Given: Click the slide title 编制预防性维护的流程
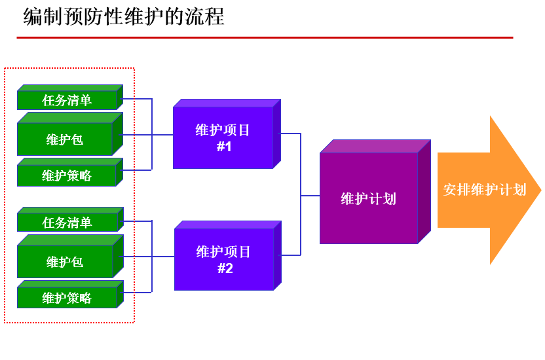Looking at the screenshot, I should tap(124, 17).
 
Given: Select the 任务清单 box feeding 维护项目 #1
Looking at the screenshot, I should tap(67, 100).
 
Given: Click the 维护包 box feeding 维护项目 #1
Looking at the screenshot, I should tap(65, 139).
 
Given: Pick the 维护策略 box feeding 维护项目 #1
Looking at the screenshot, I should tap(67, 175).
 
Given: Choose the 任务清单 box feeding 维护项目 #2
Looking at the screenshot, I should tap(67, 223).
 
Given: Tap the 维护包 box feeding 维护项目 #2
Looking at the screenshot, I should tap(65, 262).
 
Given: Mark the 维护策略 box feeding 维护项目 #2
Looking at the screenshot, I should tap(67, 298).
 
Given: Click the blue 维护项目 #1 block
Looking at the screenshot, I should tap(223, 137).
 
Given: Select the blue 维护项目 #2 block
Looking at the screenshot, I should tap(223, 259).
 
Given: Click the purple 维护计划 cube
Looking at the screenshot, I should tap(369, 198).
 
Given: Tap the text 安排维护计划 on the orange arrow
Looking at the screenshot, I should tap(484, 190).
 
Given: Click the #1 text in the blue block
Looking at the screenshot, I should tap(224, 147).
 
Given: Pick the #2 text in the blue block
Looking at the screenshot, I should tap(225, 268).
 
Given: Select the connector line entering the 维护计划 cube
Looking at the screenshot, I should tap(310, 195).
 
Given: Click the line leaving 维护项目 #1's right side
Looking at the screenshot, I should tap(291, 134).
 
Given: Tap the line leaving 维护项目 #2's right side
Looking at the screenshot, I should tap(291, 255).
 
